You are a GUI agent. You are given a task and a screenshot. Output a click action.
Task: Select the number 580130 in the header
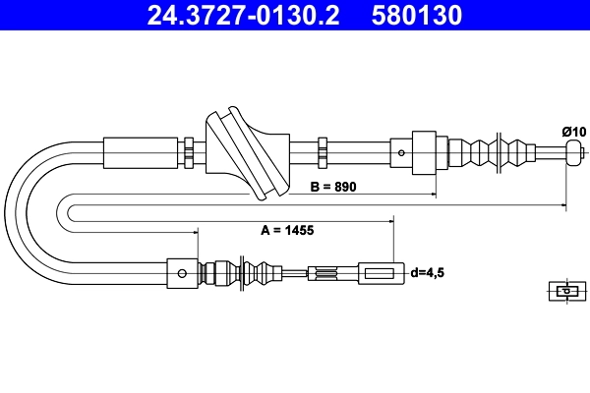(x=417, y=16)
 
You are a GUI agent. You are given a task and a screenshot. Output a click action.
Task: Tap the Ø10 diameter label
(x=573, y=131)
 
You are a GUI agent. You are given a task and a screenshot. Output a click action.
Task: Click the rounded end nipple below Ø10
(x=574, y=152)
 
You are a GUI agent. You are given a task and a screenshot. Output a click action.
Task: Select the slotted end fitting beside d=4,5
(x=380, y=272)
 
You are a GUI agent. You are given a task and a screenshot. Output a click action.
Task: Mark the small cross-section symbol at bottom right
(x=564, y=291)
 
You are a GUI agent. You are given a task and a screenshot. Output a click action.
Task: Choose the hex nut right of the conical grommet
(x=322, y=152)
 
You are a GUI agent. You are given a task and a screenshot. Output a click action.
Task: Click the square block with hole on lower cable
(x=182, y=272)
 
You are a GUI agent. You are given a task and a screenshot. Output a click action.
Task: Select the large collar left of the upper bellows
(x=423, y=152)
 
